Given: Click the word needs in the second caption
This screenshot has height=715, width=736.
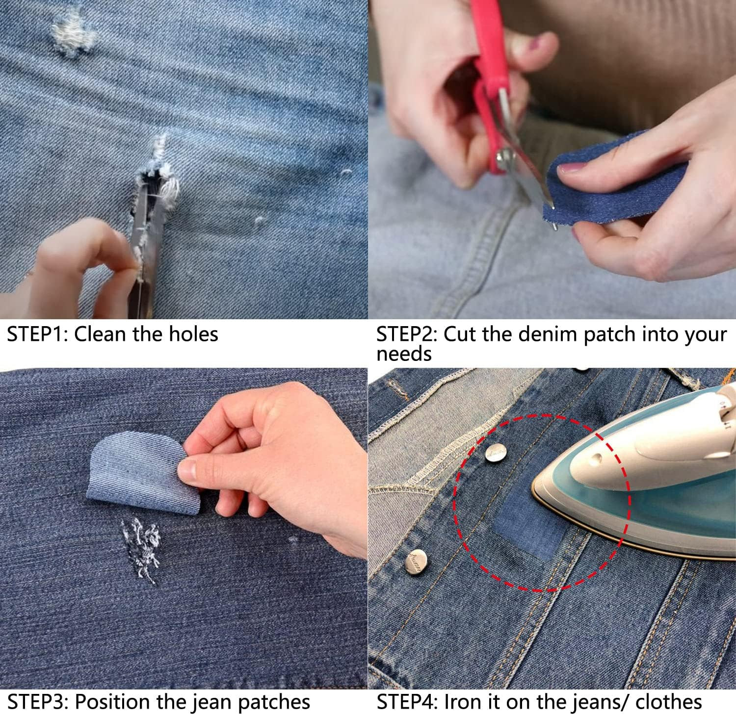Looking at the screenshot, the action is point(404,354).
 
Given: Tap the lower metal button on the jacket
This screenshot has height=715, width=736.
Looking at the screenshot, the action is point(416,562).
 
